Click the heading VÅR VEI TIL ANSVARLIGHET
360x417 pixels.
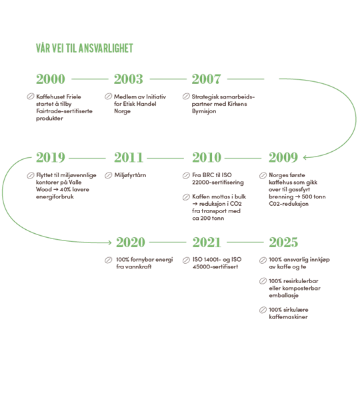tap(85, 48)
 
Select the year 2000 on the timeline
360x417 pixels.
tap(51, 79)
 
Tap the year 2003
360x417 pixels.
tap(129, 79)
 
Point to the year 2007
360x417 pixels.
tap(206, 79)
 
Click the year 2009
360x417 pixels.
tap(283, 157)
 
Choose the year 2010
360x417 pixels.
tap(207, 157)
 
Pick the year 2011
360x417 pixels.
tap(129, 157)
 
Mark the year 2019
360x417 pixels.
tap(51, 157)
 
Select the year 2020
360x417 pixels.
tap(131, 242)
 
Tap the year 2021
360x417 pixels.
tap(207, 242)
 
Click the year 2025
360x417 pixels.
tap(283, 242)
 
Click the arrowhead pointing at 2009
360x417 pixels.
tap(305, 157)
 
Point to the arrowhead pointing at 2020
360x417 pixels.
tap(110, 242)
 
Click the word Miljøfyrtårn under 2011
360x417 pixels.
tap(130, 175)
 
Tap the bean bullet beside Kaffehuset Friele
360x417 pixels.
tap(31, 97)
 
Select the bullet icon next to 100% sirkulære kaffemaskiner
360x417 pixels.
tap(263, 310)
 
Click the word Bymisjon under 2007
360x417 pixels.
tap(204, 111)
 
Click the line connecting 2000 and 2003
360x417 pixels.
tap(90, 79)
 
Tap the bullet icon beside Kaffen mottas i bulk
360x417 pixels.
tap(186, 197)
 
